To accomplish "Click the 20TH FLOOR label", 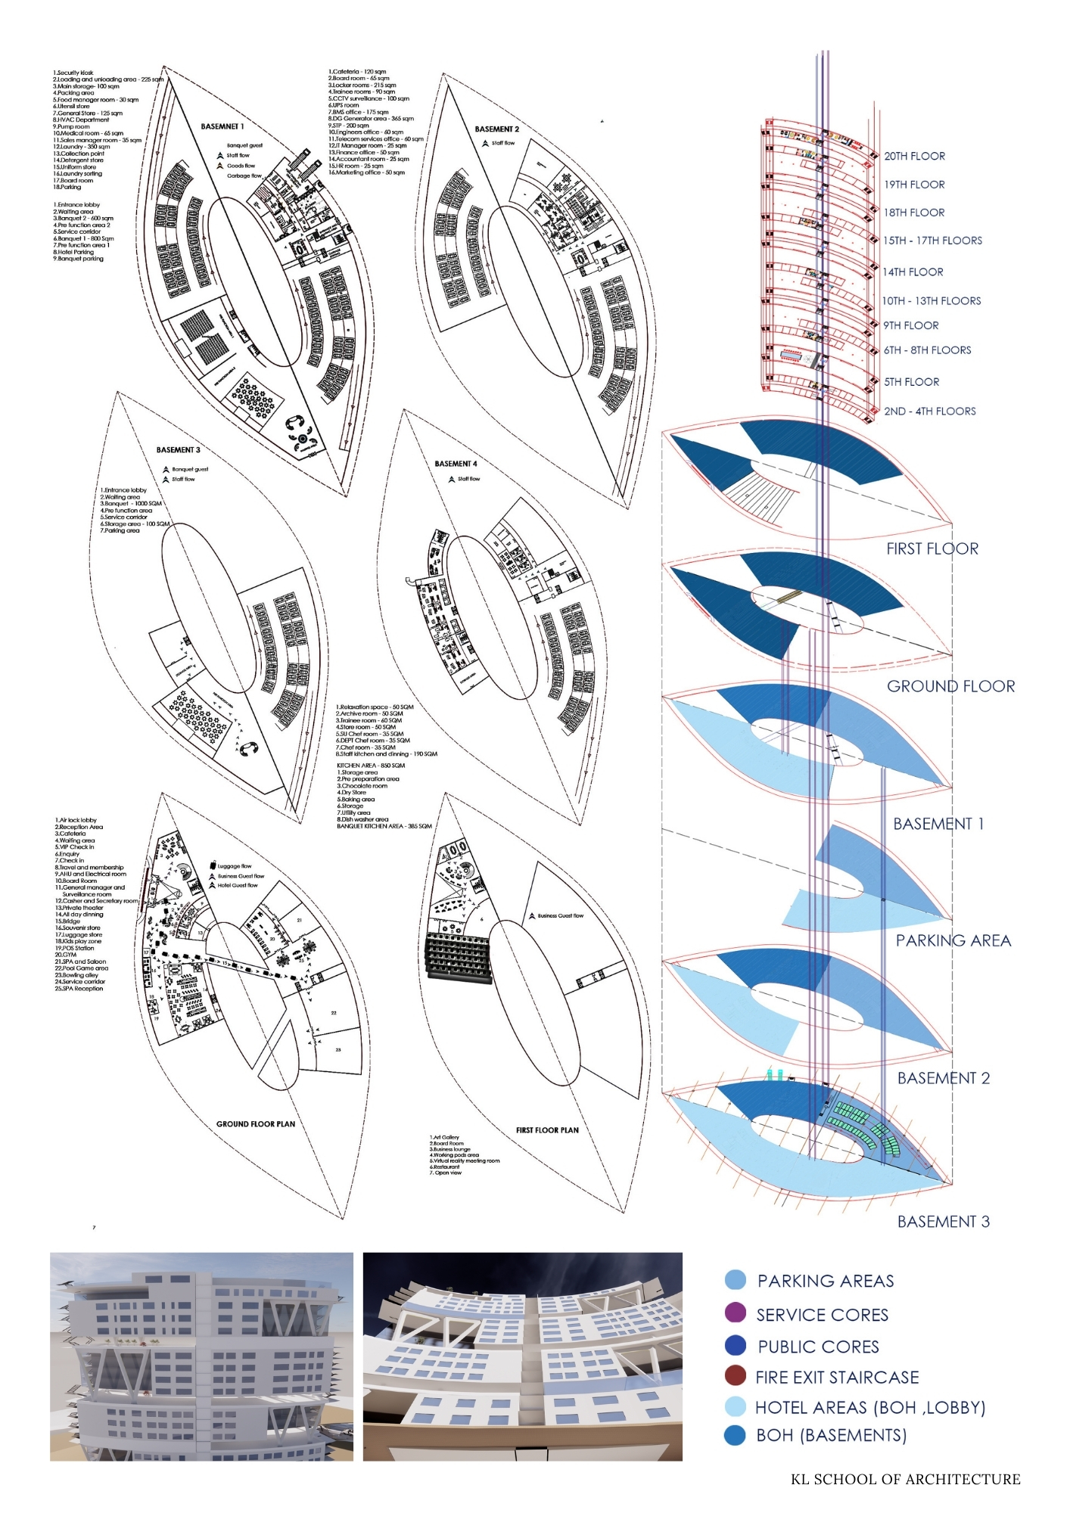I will (914, 157).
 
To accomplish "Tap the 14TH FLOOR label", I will (913, 272).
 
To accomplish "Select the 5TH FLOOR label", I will (911, 382).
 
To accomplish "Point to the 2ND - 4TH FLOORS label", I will (929, 412).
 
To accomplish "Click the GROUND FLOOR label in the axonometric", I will (950, 686).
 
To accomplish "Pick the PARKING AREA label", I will (953, 940).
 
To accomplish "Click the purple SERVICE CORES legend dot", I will (735, 1313).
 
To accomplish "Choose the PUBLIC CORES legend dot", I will (735, 1344).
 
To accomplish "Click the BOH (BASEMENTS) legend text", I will (831, 1435).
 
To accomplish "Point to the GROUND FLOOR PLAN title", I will (256, 1124).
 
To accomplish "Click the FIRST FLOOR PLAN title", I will (547, 1130).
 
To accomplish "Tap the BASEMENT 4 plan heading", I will (456, 464).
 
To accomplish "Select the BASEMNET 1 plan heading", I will (222, 126).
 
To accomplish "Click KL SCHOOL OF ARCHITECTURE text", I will (905, 1480).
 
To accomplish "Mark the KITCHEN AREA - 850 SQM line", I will (371, 766).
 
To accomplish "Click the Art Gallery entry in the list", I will (445, 1137).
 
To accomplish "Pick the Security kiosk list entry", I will (73, 73).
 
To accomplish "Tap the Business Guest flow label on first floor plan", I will (560, 915).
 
